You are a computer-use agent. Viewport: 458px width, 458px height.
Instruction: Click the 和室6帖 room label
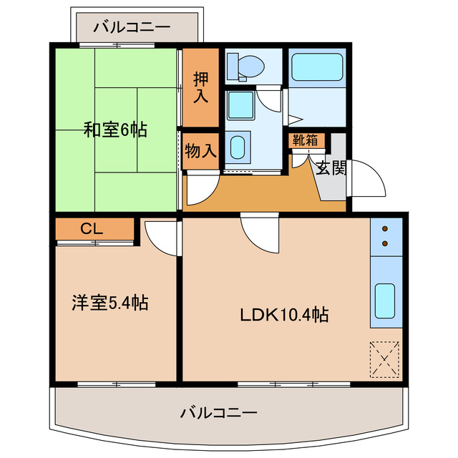(x=115, y=130)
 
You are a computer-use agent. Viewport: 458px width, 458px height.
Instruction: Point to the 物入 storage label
(x=200, y=151)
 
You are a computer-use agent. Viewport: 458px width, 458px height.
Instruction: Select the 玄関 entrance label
(x=331, y=168)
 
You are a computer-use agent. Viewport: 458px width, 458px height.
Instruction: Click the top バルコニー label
(x=132, y=27)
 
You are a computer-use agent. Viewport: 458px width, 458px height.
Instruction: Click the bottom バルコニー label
(x=218, y=413)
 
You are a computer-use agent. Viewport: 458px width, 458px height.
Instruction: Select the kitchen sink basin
(x=385, y=301)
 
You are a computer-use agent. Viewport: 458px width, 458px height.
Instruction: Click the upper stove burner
(x=386, y=229)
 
